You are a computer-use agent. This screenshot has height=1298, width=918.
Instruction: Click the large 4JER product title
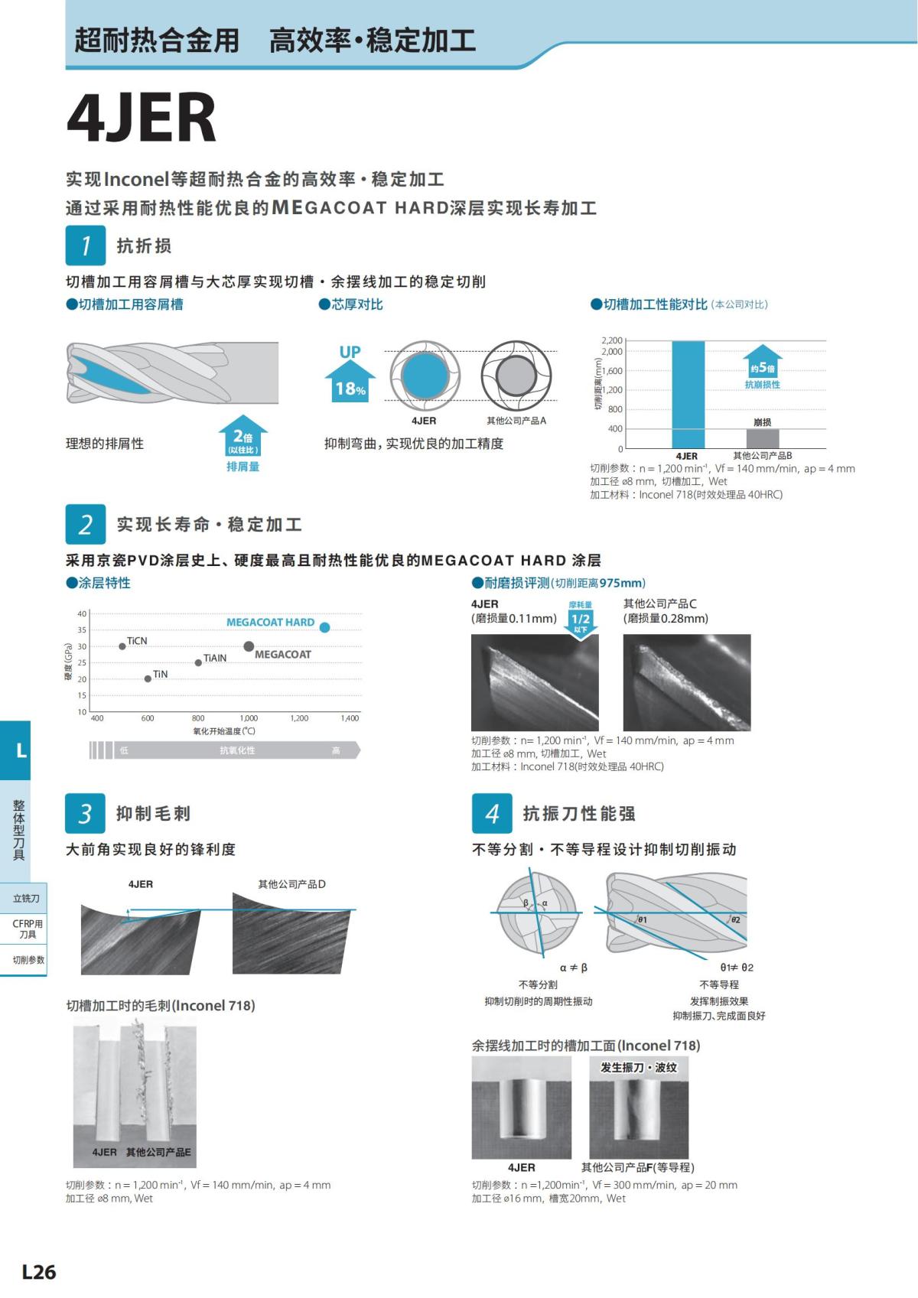pyautogui.click(x=142, y=119)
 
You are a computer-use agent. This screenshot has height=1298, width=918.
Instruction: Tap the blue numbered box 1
pyautogui.click(x=85, y=246)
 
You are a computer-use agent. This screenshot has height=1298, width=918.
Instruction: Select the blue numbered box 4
pyautogui.click(x=492, y=813)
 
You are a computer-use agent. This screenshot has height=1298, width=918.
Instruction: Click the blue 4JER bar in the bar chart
pyautogui.click(x=688, y=395)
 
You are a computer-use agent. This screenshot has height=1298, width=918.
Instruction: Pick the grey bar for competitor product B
pyautogui.click(x=762, y=438)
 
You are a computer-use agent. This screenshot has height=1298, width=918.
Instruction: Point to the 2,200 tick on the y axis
pyautogui.click(x=612, y=340)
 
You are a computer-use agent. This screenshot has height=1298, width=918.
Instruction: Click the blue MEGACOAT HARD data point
pyautogui.click(x=324, y=628)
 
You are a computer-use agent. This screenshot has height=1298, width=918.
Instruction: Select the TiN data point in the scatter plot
pyautogui.click(x=148, y=678)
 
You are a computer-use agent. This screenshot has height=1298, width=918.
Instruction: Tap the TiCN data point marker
pyautogui.click(x=122, y=646)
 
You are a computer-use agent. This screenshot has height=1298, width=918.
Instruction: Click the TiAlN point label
pyautogui.click(x=215, y=658)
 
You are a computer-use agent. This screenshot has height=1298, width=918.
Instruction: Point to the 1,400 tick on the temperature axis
pyautogui.click(x=350, y=718)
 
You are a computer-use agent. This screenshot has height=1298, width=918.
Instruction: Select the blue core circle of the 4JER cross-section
pyautogui.click(x=425, y=376)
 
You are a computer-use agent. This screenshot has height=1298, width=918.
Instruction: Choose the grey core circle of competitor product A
pyautogui.click(x=516, y=376)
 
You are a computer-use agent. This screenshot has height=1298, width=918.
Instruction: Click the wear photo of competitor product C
pyautogui.click(x=686, y=682)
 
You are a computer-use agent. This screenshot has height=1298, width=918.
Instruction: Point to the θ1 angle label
pyautogui.click(x=643, y=919)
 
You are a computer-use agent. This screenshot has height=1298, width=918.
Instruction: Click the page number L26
pyautogui.click(x=39, y=1272)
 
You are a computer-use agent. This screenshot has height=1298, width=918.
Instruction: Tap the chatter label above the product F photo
pyautogui.click(x=639, y=1067)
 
